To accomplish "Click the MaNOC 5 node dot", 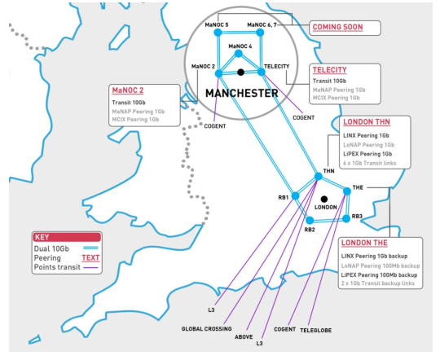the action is (x=218, y=33).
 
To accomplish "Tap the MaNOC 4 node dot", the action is (x=239, y=53).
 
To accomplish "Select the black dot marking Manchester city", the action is (x=240, y=72).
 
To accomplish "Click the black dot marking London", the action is (x=324, y=200).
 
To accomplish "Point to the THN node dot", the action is (x=319, y=176).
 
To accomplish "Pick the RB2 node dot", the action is (x=310, y=220).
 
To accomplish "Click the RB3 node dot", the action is (x=346, y=218).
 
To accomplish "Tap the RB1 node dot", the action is (x=295, y=195).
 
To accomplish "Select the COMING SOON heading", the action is (x=337, y=27).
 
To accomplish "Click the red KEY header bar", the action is (x=67, y=237).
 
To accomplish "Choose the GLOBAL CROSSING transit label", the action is (x=206, y=328).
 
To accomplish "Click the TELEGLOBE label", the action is (x=315, y=330).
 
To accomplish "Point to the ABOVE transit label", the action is (x=244, y=336).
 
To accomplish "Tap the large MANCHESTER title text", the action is (x=242, y=93).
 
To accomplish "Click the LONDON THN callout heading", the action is (x=367, y=122).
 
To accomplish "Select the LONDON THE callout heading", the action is (x=364, y=243).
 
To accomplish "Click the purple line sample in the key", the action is (x=90, y=267).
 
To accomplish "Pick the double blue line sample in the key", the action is (x=90, y=248).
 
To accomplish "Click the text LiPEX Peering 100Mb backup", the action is (x=379, y=275).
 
